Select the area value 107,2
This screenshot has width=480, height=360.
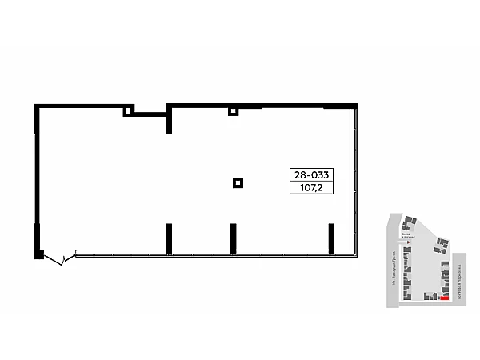click(x=313, y=189)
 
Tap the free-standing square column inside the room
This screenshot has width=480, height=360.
click(x=237, y=182)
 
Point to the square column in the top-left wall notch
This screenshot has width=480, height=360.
click(x=127, y=112)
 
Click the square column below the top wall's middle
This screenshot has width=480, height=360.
click(x=233, y=111)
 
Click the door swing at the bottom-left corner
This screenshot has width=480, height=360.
click(x=56, y=259)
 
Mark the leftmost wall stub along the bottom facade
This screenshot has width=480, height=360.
click(x=169, y=238)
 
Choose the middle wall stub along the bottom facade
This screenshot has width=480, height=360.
click(x=233, y=238)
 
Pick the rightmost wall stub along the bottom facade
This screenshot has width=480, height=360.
click(x=330, y=238)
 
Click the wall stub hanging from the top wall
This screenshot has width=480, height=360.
click(x=169, y=122)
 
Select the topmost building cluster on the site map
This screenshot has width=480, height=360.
click(x=410, y=219)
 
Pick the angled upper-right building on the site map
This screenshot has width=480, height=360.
click(x=442, y=245)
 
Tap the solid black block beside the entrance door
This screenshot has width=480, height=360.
click(x=38, y=254)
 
